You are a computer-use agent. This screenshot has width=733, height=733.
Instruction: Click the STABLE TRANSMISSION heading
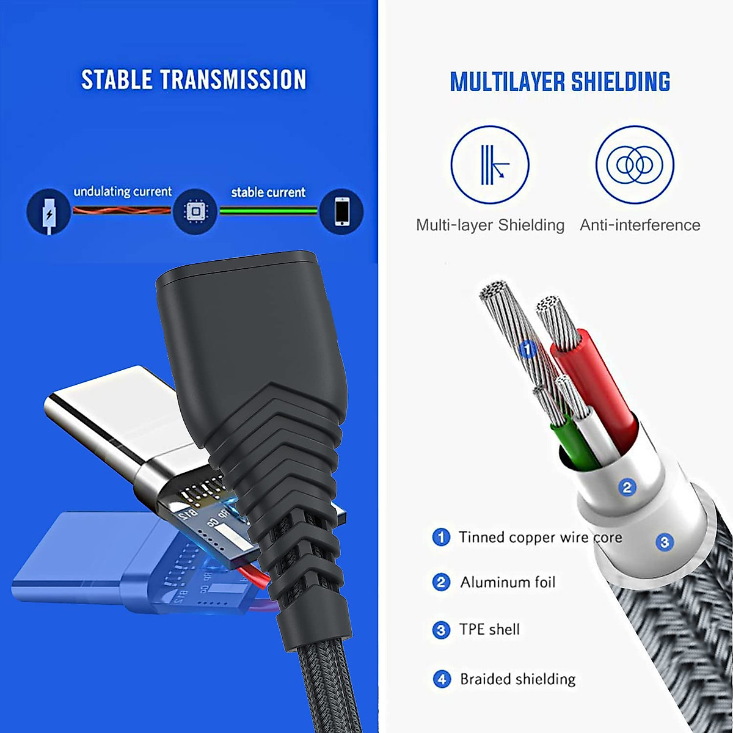coord(194,80)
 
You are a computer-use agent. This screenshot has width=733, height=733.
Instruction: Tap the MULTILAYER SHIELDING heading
coord(560,82)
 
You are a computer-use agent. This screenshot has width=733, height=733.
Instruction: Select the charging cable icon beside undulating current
coord(48,211)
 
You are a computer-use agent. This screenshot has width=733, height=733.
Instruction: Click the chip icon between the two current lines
coord(195,211)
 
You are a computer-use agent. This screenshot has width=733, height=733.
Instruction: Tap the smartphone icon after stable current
coord(342,211)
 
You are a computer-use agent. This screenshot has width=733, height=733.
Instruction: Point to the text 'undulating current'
coord(123,192)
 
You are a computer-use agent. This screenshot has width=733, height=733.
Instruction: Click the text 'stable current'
coord(268,192)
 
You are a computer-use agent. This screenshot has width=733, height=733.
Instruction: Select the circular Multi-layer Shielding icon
coord(490,164)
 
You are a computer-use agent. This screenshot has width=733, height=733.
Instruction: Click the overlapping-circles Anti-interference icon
coord(635,164)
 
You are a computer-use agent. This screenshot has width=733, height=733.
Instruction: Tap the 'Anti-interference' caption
coord(640,225)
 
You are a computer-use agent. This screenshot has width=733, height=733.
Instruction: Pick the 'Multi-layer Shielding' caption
coord(490,225)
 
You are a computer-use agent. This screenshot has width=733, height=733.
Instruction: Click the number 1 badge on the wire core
coord(528,349)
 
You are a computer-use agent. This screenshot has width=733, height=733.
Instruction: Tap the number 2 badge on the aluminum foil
coord(627,487)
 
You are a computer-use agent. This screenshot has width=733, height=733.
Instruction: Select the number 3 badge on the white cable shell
coord(665,541)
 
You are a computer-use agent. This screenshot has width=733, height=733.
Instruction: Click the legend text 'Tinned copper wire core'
coord(540,538)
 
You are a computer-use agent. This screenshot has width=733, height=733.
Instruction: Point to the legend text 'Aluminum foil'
coord(508,582)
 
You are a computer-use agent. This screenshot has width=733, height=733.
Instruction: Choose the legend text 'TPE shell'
coord(489,629)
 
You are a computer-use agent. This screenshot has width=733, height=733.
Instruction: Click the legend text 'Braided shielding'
coord(517,679)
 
